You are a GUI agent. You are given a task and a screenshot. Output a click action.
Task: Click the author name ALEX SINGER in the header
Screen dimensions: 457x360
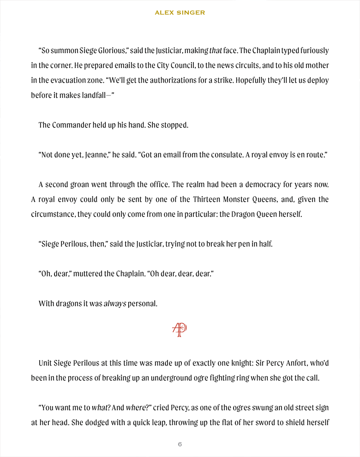(x=180, y=13)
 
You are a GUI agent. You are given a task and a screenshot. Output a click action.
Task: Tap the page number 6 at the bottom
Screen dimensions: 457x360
(x=180, y=444)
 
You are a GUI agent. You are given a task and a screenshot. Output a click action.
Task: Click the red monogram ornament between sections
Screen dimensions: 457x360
(x=180, y=329)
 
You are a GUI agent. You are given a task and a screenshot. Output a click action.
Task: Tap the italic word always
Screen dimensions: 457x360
(x=115, y=304)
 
